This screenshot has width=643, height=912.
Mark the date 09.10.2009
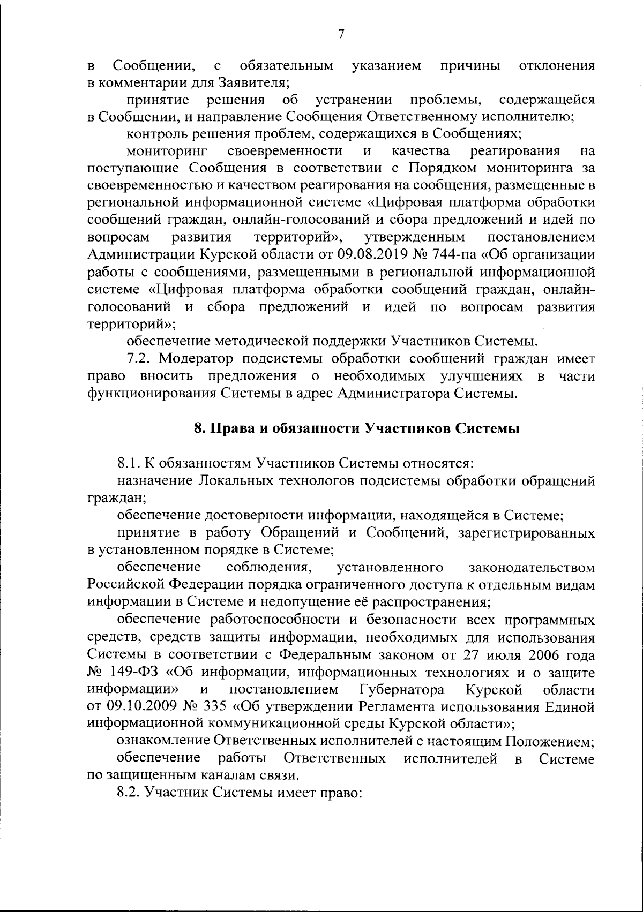(x=133, y=706)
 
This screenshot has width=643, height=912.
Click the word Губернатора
(x=399, y=689)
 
